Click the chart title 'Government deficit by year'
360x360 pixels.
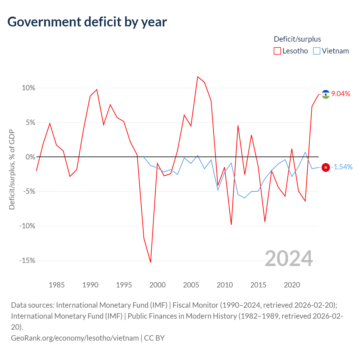pos(87,22)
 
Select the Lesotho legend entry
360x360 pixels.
pos(291,51)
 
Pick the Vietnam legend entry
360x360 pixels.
pos(331,51)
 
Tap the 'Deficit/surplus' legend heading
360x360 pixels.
pos(297,39)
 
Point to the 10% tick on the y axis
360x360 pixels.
pos(28,88)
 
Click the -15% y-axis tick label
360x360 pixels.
pos(27,260)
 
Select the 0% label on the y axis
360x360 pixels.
pos(30,157)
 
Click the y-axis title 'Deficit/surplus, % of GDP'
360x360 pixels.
pos(12,169)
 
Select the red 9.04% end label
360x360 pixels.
pos(341,94)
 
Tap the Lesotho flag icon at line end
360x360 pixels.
pos(326,94)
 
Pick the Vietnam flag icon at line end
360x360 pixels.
pos(326,167)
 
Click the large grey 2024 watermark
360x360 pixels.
pos(289,258)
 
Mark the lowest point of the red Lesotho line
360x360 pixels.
pos(150,262)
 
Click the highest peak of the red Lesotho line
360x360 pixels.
pos(198,76)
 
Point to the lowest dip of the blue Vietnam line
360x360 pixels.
pos(245,198)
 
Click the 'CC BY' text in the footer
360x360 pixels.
pos(154,338)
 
